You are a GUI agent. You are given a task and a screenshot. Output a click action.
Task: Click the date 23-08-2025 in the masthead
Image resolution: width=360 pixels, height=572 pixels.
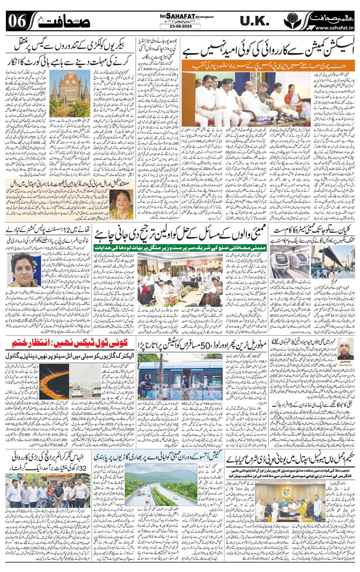pos(180,26)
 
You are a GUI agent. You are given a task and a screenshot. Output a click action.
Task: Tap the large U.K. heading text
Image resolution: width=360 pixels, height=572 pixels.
pos(255,21)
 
